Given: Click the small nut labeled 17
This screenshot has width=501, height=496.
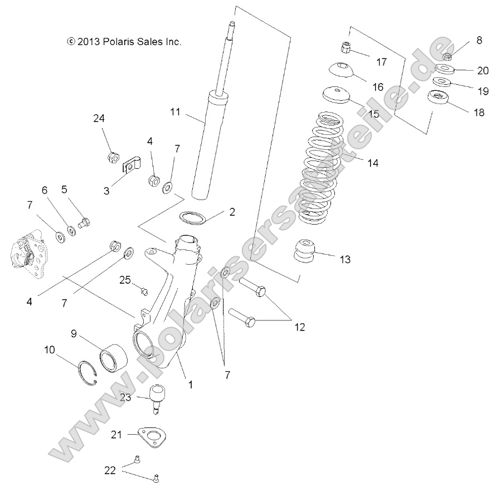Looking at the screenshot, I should pyautogui.click(x=346, y=49).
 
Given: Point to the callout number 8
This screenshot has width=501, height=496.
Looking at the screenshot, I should pyautogui.click(x=479, y=40).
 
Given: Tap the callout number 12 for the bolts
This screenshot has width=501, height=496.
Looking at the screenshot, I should pyautogui.click(x=299, y=327).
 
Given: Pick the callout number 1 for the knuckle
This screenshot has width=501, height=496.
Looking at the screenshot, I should pyautogui.click(x=191, y=384).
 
